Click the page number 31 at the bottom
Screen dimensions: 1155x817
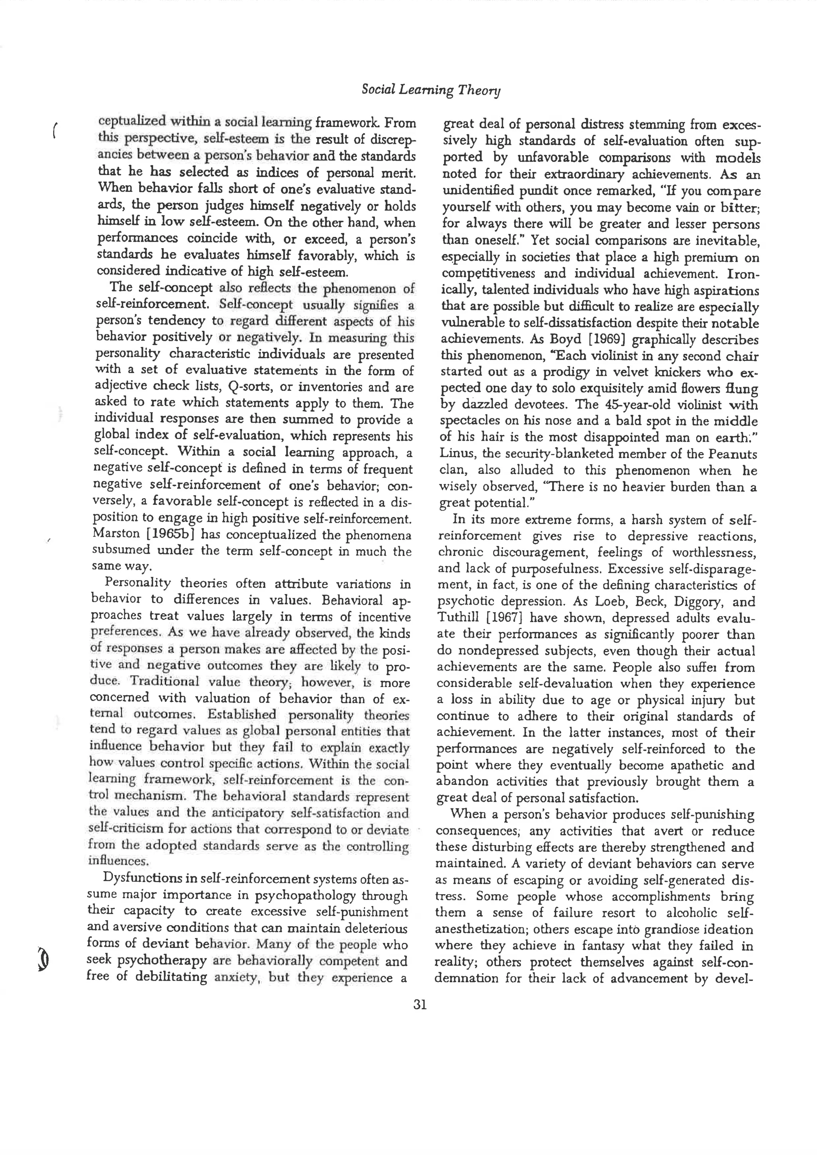click(420, 1004)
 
